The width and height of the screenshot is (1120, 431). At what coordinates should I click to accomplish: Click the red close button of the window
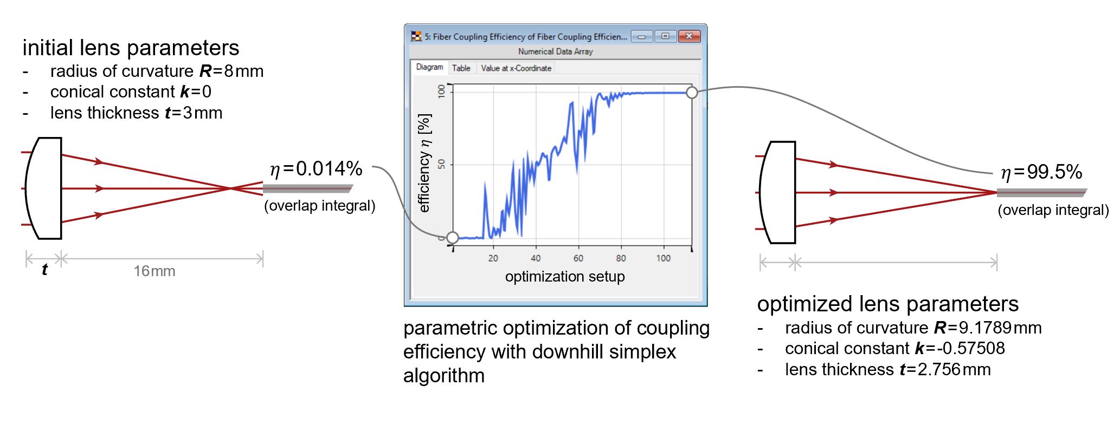689,36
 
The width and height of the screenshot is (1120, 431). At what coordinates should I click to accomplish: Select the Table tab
461,68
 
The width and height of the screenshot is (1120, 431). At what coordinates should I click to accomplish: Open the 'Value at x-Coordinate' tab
516,68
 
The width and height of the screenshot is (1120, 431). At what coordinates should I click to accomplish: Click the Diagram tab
429,67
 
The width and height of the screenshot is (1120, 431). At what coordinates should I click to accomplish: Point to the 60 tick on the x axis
578,258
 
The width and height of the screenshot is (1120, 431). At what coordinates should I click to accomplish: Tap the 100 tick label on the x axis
664,258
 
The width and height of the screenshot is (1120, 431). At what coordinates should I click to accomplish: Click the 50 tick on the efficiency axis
441,164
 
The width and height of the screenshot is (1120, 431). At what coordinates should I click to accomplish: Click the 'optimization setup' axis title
565,277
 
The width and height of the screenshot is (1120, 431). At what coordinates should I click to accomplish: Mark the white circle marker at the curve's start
452,237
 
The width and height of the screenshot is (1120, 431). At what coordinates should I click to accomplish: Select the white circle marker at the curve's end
692,93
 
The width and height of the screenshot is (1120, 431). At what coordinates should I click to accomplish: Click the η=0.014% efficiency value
316,169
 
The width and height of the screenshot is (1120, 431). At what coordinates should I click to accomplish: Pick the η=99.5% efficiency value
1041,172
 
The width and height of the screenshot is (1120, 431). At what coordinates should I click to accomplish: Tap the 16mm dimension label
155,271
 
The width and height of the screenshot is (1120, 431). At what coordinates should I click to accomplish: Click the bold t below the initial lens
44,270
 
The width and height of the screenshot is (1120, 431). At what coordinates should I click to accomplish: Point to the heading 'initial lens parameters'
131,48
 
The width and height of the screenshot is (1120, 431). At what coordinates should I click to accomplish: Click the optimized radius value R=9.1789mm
988,328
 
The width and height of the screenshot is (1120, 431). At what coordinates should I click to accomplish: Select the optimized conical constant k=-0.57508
960,348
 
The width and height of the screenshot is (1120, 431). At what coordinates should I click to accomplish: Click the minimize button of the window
642,36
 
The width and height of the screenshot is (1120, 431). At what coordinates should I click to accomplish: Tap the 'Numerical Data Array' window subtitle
556,51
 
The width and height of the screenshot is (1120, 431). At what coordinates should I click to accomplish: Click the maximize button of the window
665,36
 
